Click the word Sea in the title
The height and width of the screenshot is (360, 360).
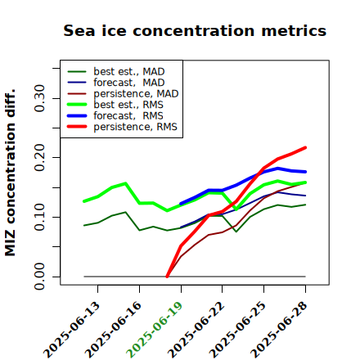79,30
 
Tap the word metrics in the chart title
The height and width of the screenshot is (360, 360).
294,30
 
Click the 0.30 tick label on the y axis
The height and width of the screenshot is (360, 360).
40,98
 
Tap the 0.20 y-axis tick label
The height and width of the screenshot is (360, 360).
40,157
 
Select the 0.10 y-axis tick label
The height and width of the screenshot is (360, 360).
40,217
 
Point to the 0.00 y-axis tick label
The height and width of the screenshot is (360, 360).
40,277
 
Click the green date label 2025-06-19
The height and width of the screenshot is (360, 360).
155,330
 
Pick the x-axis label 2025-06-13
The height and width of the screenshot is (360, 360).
71,330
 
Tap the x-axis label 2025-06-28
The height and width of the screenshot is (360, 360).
279,330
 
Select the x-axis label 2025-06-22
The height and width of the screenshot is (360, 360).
196,330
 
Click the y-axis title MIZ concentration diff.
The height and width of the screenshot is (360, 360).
10,173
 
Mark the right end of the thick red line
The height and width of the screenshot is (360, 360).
305,148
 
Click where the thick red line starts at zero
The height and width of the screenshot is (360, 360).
167,277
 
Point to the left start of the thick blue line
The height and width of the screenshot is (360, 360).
181,204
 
